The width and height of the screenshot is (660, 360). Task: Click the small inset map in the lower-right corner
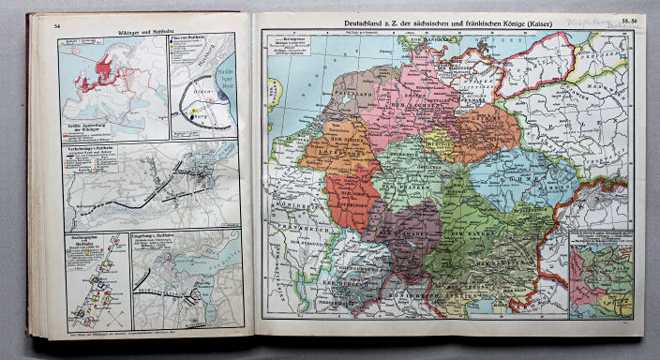[x=604, y=276]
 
